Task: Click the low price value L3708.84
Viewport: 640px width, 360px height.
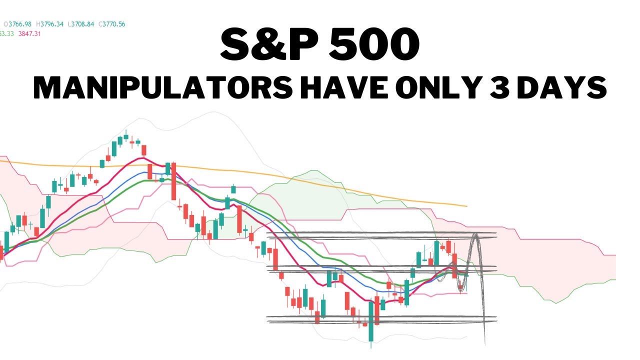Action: [82, 24]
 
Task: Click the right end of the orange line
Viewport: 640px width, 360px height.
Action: [466, 205]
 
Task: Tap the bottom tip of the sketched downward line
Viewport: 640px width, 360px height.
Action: [485, 344]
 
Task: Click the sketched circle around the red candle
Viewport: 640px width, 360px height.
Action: [460, 286]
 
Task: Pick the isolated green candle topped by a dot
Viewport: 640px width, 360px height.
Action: [233, 189]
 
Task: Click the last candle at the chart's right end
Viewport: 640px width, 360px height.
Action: [466, 275]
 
